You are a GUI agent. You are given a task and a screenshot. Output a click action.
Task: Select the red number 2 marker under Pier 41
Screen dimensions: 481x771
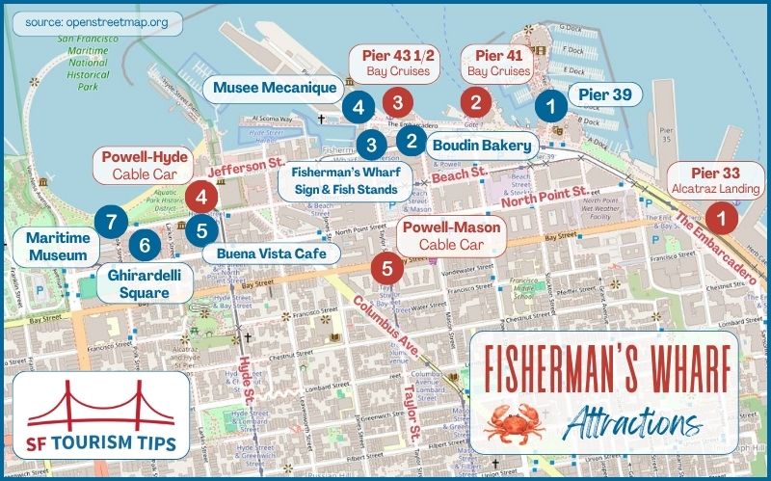point(474,99)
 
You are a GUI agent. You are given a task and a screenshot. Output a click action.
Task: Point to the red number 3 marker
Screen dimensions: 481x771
point(395,99)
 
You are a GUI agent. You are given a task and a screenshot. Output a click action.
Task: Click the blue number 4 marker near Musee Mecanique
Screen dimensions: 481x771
point(359,107)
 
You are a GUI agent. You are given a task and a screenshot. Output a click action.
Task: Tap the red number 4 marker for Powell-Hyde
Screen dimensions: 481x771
point(200,198)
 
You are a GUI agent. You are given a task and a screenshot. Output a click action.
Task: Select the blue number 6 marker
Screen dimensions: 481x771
point(145,245)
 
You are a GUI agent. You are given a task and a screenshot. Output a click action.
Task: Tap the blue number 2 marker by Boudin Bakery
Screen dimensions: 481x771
point(412,141)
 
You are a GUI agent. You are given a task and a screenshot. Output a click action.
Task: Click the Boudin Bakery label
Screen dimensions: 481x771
point(481,147)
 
